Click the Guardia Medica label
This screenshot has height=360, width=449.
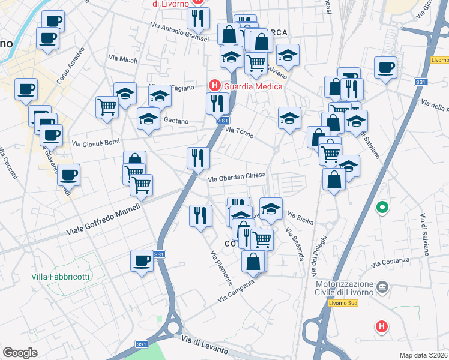tap(250, 86)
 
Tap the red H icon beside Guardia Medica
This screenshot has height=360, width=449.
tap(212, 86)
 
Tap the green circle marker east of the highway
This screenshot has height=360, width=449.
tap(382, 208)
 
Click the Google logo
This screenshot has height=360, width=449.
tap(20, 352)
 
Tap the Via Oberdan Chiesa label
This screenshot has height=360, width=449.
tap(237, 178)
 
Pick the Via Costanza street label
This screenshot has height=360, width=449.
tap(390, 262)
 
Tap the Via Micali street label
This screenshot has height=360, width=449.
tap(123, 59)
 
